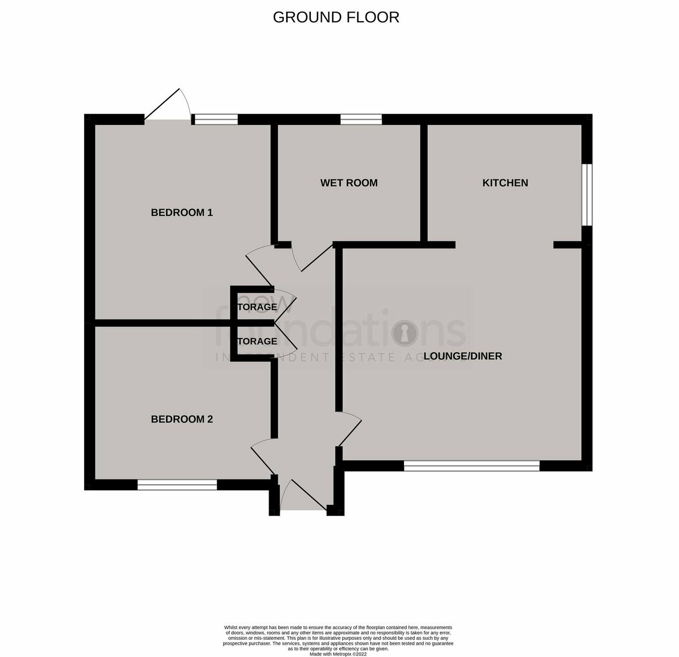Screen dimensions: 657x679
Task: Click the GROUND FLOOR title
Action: (336, 17)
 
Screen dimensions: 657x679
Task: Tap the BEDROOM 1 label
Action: (182, 212)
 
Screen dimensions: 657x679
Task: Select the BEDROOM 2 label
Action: (182, 419)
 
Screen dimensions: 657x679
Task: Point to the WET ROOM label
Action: (349, 183)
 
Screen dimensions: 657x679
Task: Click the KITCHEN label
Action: (505, 183)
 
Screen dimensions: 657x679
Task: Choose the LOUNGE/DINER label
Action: (462, 356)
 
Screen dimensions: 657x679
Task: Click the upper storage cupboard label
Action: (257, 307)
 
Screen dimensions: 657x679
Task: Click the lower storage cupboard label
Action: (257, 341)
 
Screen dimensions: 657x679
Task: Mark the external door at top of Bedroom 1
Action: (167, 109)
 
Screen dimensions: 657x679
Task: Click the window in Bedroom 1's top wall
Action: (216, 119)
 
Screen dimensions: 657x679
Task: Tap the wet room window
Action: (361, 119)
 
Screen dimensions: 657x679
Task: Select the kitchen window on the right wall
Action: (587, 195)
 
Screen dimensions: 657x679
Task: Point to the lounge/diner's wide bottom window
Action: (472, 466)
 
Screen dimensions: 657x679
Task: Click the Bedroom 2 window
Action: (177, 485)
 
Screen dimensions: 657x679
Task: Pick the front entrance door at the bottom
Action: (303, 498)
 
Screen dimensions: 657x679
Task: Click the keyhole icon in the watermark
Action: (405, 333)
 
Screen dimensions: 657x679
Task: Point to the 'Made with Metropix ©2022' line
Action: (338, 654)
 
